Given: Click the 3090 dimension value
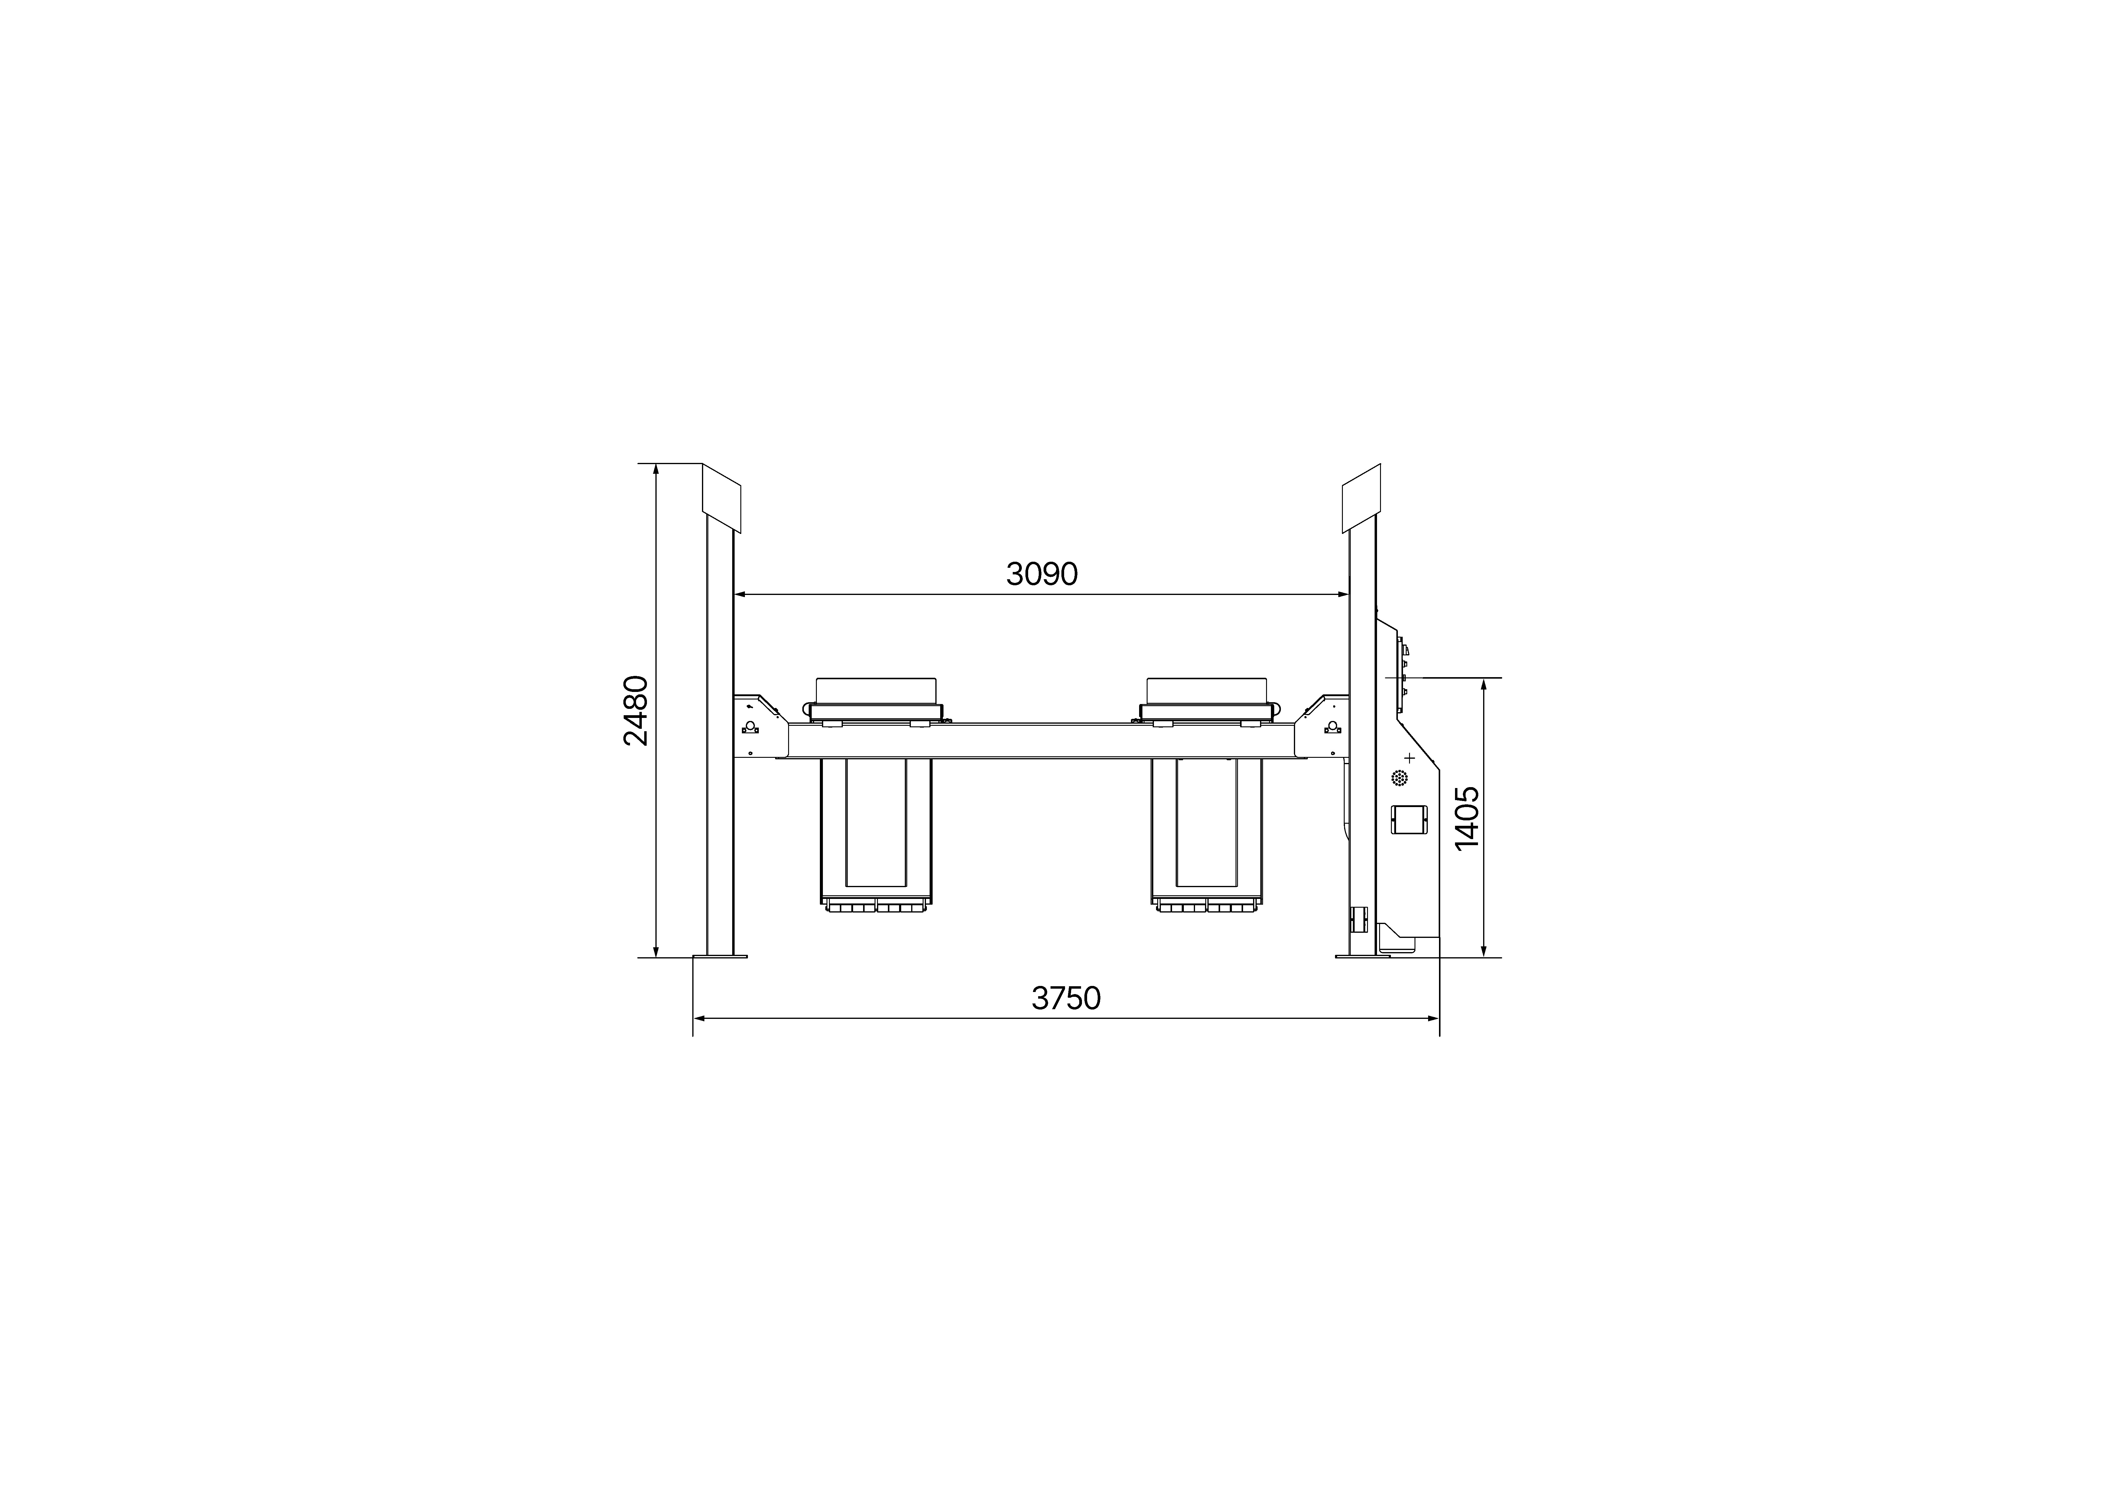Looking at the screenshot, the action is coord(1042,574).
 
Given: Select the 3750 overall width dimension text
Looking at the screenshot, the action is coord(1066,998).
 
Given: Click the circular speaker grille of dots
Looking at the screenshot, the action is coord(1399,779).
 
